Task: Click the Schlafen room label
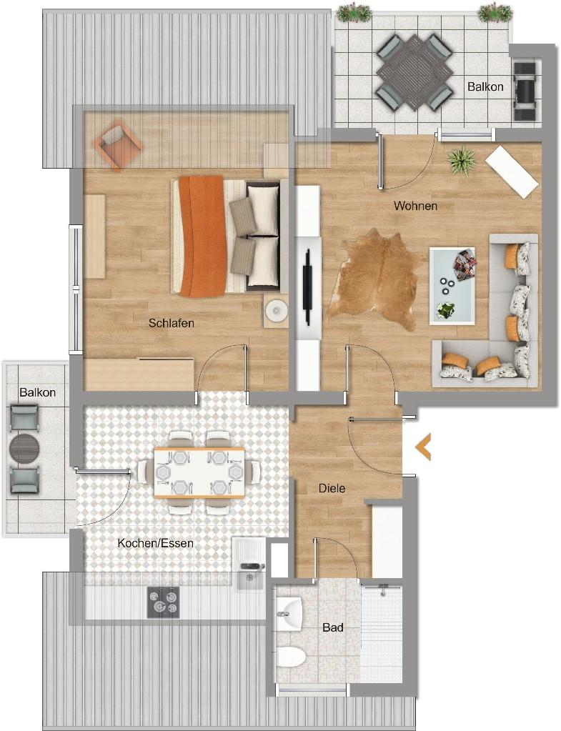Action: click(x=171, y=323)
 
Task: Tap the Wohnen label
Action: click(x=415, y=206)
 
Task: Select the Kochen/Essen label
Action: click(x=155, y=543)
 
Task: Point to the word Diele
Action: click(x=332, y=488)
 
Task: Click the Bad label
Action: click(x=333, y=627)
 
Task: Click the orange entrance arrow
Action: click(x=423, y=447)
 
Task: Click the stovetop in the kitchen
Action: click(x=163, y=602)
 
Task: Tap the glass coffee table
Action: click(x=452, y=285)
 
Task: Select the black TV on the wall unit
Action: click(x=307, y=286)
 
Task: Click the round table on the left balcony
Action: click(x=24, y=449)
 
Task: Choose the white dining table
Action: click(x=199, y=473)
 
